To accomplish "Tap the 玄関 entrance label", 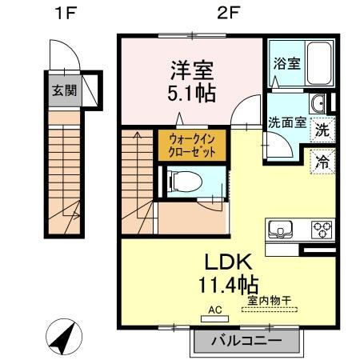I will pos(65,90).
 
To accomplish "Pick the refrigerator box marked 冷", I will pos(322,161).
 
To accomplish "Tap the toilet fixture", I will pos(182,181).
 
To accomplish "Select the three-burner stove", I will pos(322,230).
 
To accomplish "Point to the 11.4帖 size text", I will pos(229,284).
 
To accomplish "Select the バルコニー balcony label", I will pos(247,342).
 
